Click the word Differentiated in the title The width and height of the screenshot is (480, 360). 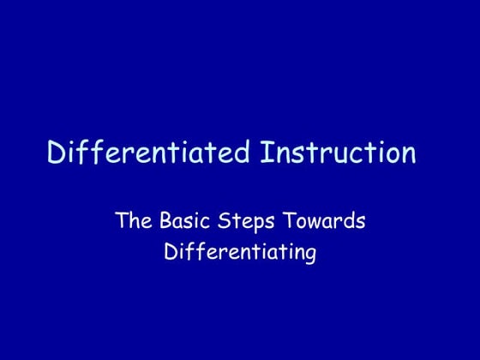coord(148,153)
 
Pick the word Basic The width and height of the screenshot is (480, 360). coord(183,221)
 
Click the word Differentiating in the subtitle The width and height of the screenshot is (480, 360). coord(240,254)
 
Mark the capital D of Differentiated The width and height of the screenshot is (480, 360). coord(57,153)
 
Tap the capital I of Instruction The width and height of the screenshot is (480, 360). coord(263,153)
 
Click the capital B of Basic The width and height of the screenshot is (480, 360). coord(165,221)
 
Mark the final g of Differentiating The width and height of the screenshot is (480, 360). coord(310,256)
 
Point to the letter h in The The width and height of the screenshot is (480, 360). coord(135,221)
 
